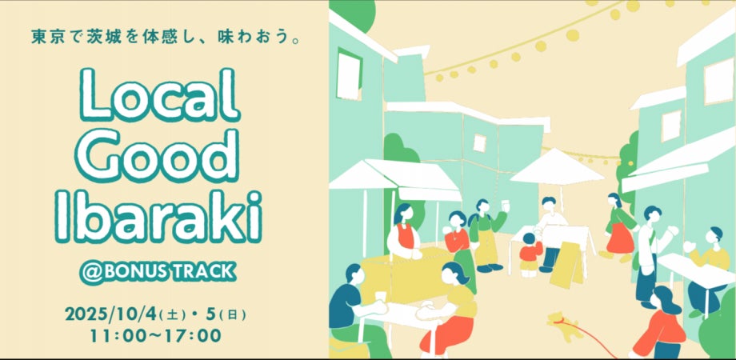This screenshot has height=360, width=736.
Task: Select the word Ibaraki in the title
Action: click(158, 217)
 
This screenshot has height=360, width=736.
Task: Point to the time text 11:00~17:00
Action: click(155, 335)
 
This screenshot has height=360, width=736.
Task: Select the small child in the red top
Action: click(530, 254)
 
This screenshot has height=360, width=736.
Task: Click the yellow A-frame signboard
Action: click(567, 265)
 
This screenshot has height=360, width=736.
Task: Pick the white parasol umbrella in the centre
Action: click(557, 168)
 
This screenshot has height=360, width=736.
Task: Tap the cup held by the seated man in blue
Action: click(381, 298)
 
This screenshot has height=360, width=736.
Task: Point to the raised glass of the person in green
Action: click(505, 206)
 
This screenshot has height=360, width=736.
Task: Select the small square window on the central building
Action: click(479, 142)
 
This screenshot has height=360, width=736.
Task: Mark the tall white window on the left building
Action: click(349, 74)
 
